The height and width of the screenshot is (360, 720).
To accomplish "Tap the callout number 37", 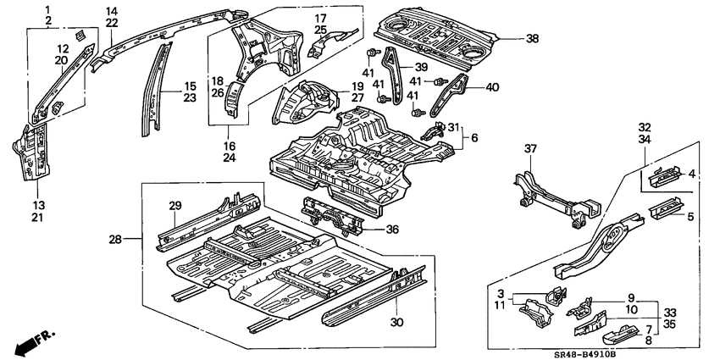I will (530, 149).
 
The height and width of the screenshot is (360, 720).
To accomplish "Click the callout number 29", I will (175, 206).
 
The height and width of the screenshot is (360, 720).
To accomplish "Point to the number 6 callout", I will (475, 137).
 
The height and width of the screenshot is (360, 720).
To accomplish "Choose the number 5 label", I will (690, 217).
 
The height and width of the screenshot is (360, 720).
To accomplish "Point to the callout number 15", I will (190, 86).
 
